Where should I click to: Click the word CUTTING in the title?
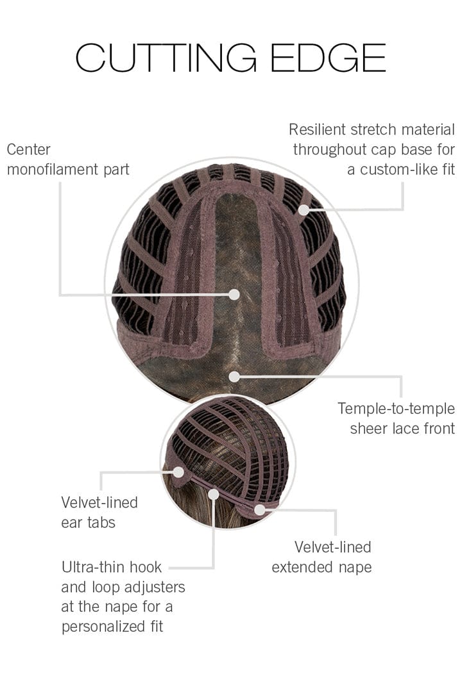click(166, 58)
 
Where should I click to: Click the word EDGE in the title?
click(329, 58)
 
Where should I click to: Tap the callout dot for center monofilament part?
click(234, 294)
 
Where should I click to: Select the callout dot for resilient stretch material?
click(304, 210)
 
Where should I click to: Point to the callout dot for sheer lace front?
click(234, 377)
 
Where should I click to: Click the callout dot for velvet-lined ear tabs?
click(178, 472)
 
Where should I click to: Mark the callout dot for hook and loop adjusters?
click(214, 494)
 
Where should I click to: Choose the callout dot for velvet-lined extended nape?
click(260, 510)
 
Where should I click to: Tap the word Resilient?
click(317, 129)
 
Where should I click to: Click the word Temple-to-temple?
click(396, 409)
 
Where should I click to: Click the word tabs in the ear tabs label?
click(101, 523)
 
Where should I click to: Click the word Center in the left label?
click(29, 149)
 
